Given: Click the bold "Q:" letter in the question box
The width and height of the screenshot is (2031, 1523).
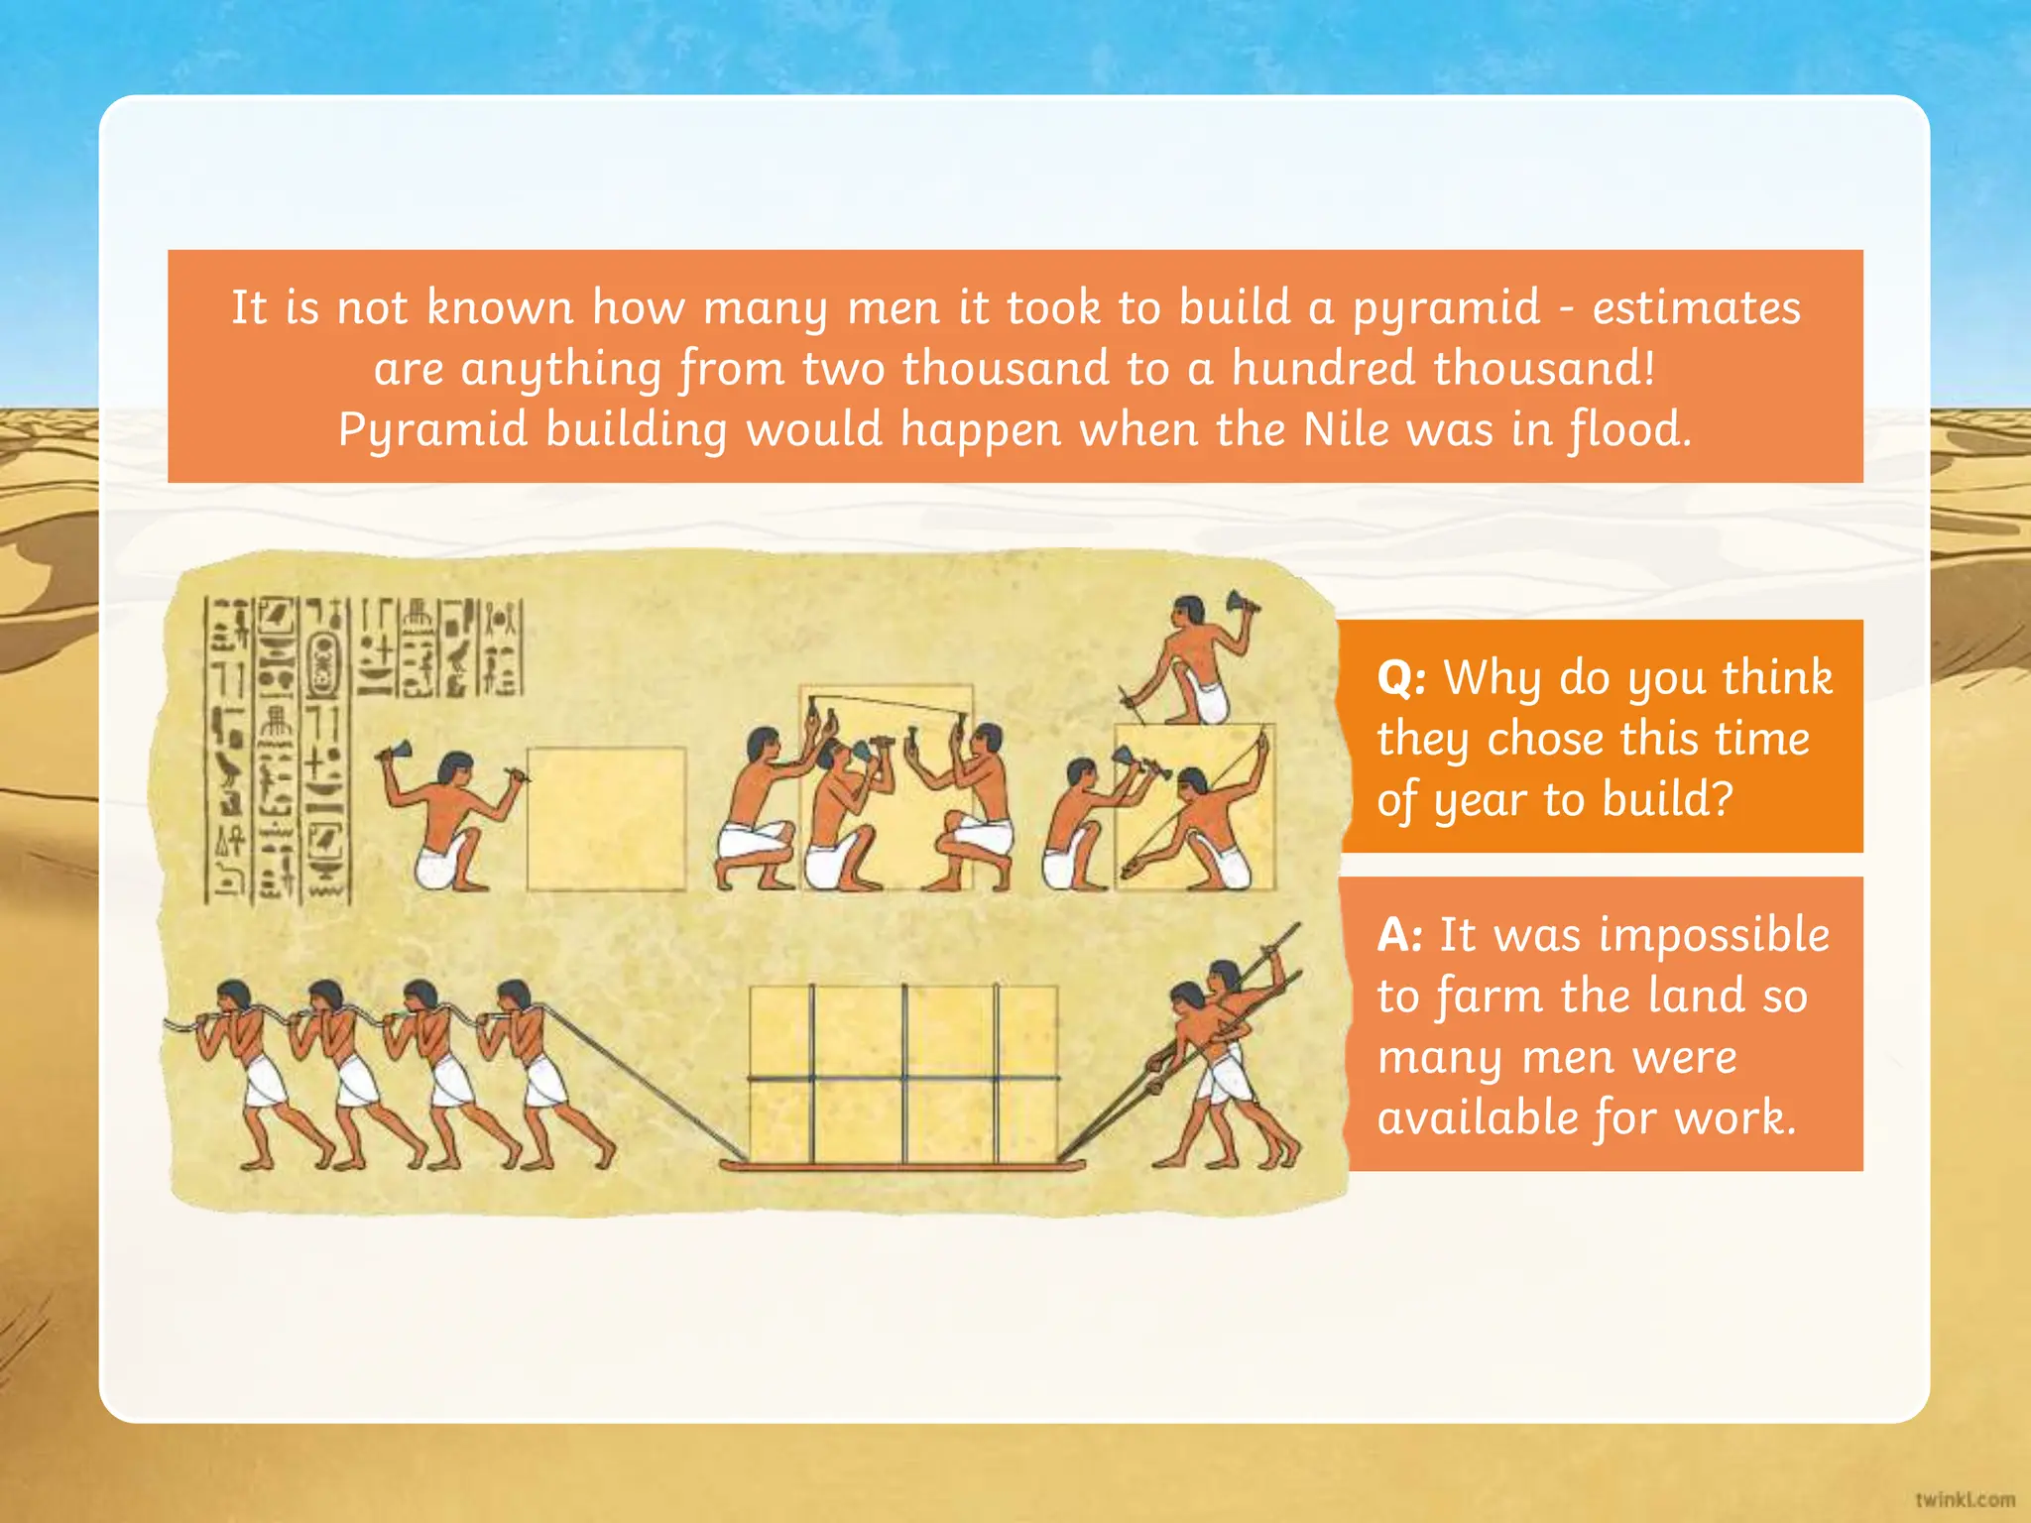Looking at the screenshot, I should pos(1401,679).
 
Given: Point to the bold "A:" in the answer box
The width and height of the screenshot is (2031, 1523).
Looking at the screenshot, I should pos(1399,935).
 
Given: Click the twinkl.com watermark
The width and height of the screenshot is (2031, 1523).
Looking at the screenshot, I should pos(1965,1499).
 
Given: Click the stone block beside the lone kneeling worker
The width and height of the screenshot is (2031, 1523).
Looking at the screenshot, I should pos(606,819).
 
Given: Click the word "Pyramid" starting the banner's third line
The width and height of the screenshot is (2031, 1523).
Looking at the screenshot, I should pos(432,430).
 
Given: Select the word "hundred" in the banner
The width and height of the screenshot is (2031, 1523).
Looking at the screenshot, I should pos(1323,369).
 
